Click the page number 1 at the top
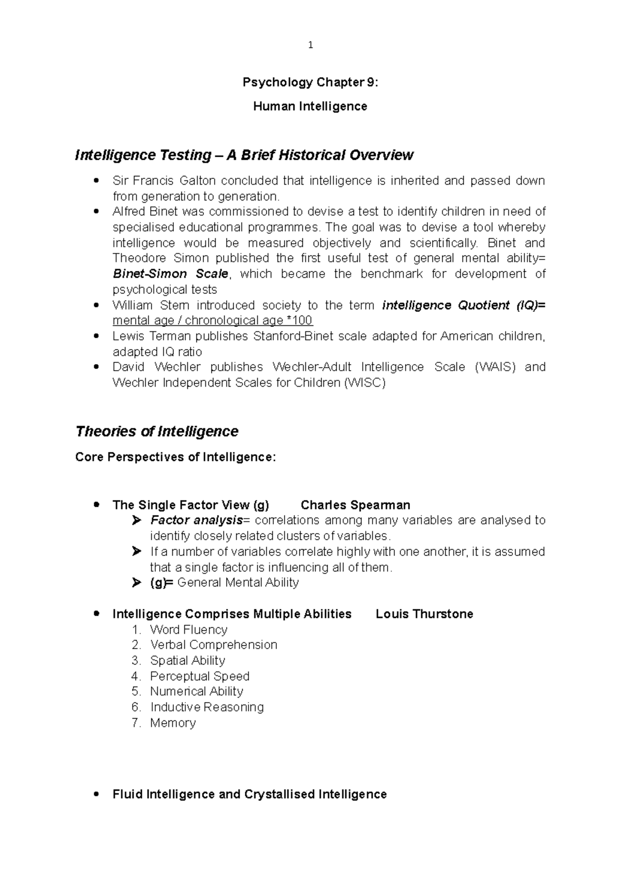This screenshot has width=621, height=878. tap(310, 46)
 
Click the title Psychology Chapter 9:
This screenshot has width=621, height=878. tap(310, 82)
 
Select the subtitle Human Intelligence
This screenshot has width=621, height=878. tap(310, 107)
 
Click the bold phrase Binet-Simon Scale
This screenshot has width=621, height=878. tap(170, 274)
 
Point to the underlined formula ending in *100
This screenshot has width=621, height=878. tap(212, 321)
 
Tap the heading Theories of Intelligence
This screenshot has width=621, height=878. tap(156, 431)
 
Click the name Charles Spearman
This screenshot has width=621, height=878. tap(355, 505)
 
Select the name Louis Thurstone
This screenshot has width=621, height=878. tap(424, 614)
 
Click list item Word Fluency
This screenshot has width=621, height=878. tap(188, 630)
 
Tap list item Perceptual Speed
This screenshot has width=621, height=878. tap(199, 676)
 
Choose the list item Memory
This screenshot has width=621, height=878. tap(172, 723)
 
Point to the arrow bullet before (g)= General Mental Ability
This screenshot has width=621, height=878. tap(136, 583)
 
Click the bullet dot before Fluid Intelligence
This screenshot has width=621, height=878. tap(96, 794)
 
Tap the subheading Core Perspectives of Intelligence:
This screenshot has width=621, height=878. tap(175, 457)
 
